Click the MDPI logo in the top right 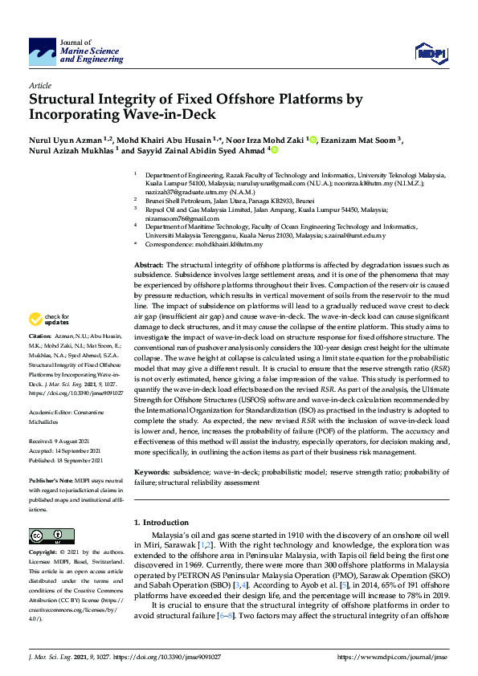coord(430,53)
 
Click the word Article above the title coord(40,84)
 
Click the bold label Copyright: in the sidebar coord(44,554)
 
